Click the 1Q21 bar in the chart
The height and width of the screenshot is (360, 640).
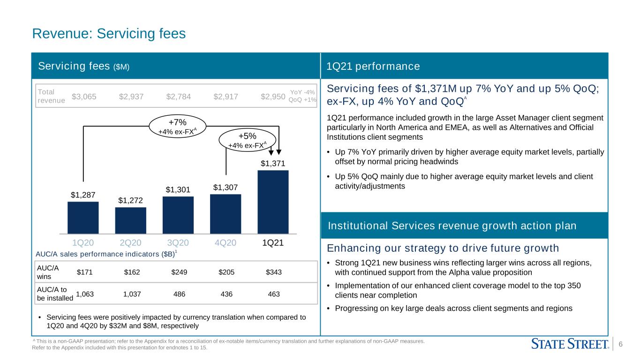point(273,202)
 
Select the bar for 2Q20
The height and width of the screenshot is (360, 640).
point(130,221)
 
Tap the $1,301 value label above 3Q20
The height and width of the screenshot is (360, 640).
point(178,189)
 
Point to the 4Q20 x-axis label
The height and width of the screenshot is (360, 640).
point(226,242)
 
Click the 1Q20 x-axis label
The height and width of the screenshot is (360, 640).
point(83,242)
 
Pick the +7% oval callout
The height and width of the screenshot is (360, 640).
point(177,126)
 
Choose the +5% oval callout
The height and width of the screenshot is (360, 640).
point(248,140)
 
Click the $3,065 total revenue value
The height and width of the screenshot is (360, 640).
point(84,97)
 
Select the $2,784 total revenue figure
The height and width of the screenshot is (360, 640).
point(179,97)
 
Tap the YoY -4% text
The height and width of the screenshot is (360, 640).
point(302,92)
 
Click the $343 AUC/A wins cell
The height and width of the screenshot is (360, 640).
point(274,272)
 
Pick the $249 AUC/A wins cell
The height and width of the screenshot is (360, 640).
point(179,272)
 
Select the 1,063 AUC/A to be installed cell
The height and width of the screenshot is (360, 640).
point(85,294)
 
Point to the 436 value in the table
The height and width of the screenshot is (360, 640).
point(226,294)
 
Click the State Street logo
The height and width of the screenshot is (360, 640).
point(570,344)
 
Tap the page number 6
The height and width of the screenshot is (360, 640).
point(620,344)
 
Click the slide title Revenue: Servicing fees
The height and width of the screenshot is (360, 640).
point(109,33)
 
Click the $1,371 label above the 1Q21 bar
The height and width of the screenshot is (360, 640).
point(273,164)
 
